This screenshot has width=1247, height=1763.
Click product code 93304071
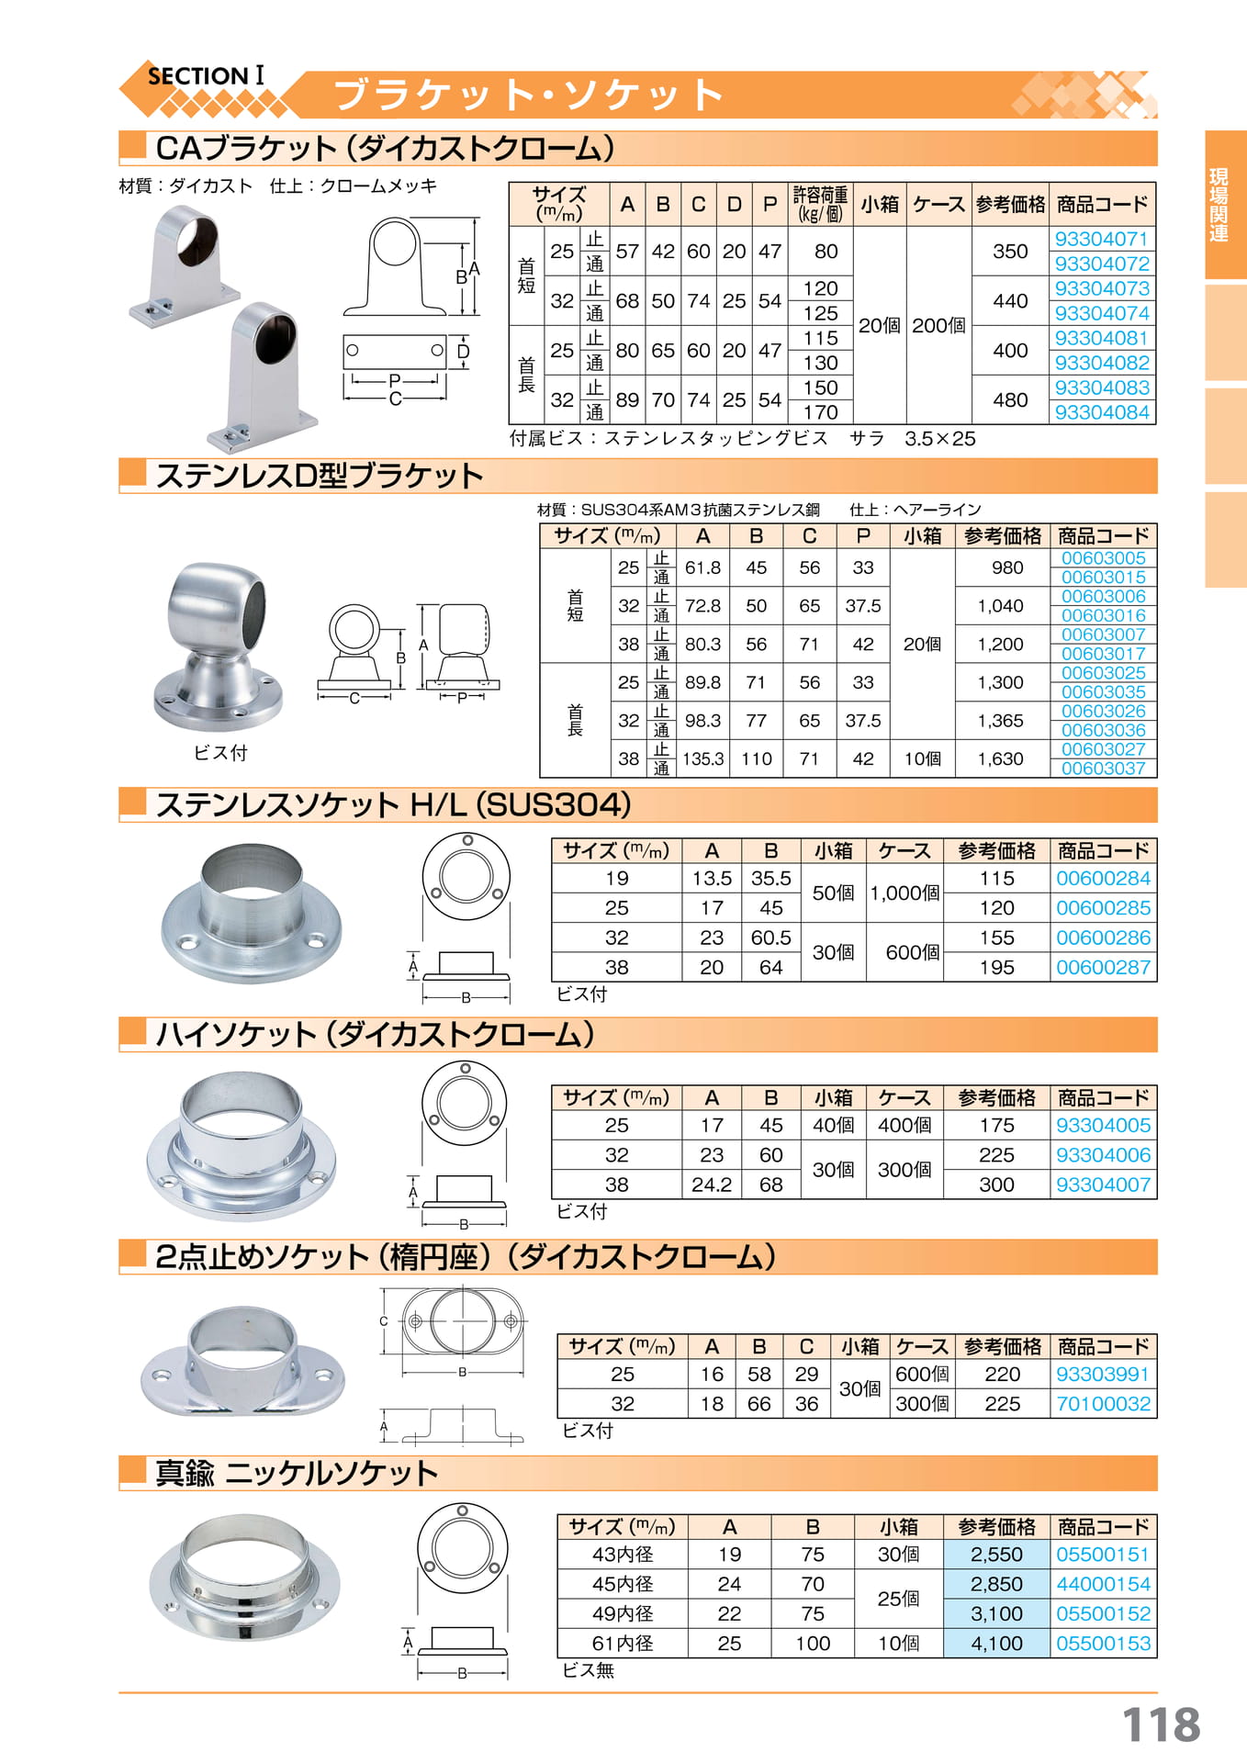[1101, 239]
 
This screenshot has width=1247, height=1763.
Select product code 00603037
[1103, 769]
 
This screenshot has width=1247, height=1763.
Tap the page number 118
[1161, 1724]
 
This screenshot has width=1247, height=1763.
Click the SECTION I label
[206, 76]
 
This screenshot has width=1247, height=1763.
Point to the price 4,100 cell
[996, 1644]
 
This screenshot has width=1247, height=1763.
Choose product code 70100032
[1103, 1404]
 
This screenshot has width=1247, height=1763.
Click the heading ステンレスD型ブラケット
[320, 476]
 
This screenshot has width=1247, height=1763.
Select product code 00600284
[1103, 879]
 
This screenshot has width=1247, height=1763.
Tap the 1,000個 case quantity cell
[904, 893]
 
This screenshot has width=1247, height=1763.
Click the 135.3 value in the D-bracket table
[703, 759]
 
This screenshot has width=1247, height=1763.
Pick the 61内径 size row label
[623, 1644]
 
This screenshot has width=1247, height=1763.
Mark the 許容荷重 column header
[820, 204]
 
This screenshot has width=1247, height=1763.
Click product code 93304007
[1103, 1185]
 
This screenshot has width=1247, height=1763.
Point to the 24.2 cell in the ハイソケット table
[712, 1185]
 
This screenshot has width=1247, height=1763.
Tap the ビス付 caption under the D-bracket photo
[220, 753]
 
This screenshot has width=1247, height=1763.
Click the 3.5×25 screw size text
[939, 439]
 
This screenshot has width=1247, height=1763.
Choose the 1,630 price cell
[1000, 759]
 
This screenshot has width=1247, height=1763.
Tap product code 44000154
[1103, 1585]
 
